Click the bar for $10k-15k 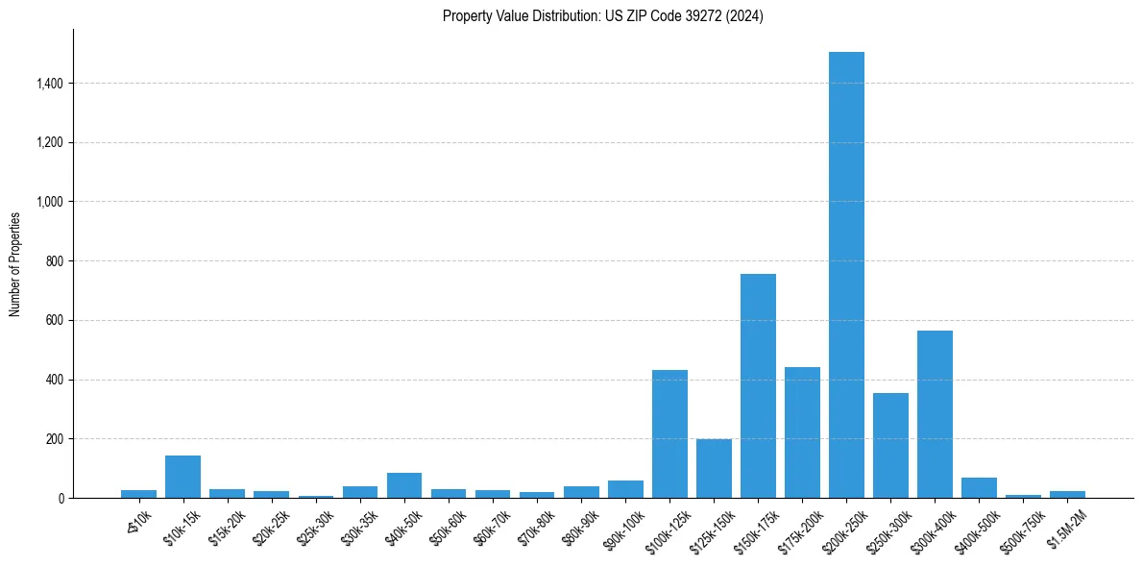[182, 478]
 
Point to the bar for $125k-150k [714, 469]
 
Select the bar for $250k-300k [890, 446]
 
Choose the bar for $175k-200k [802, 432]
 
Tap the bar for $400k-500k [979, 488]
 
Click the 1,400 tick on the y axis [51, 84]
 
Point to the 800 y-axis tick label [56, 261]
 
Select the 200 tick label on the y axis [56, 439]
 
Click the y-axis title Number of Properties [15, 263]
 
